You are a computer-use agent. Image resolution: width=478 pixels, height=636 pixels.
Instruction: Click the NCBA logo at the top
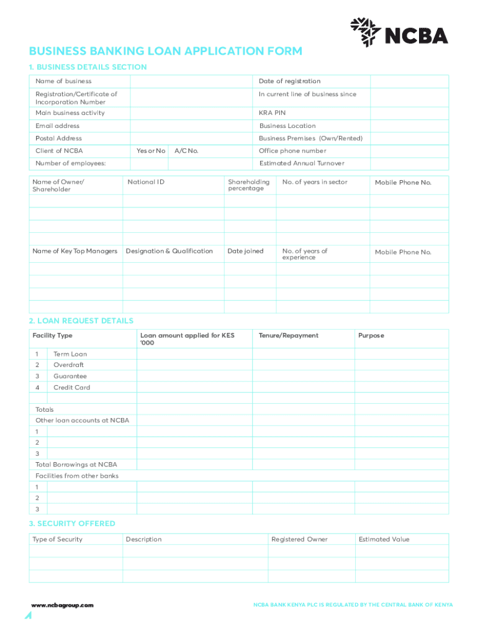click(x=399, y=32)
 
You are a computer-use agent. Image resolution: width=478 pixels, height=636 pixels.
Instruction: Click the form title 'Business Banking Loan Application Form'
click(x=166, y=51)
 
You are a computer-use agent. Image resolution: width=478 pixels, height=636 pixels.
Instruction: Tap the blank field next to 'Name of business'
click(x=191, y=81)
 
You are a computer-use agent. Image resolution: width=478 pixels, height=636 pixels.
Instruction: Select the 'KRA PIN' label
click(x=272, y=113)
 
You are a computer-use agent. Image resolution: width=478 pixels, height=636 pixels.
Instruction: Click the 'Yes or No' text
click(x=151, y=151)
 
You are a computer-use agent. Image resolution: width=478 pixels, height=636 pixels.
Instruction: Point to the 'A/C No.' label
click(x=186, y=151)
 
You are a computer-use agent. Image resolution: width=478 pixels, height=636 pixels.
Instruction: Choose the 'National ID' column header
click(x=146, y=182)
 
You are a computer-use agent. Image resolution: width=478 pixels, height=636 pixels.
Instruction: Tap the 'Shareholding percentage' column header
click(x=249, y=185)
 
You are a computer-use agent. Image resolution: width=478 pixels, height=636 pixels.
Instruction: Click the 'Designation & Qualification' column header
click(x=169, y=251)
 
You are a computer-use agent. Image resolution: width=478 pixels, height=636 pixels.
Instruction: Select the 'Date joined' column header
click(x=245, y=251)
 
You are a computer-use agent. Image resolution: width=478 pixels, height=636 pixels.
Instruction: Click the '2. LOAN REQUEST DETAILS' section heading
click(x=81, y=321)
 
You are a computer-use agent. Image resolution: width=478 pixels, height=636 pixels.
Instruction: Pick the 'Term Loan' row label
click(x=70, y=354)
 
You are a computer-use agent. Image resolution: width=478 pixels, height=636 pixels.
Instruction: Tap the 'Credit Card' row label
click(x=71, y=388)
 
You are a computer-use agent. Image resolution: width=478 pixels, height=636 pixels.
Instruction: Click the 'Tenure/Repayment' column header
click(x=288, y=335)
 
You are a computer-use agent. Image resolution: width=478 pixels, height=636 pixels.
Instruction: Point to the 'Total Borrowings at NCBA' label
click(x=76, y=465)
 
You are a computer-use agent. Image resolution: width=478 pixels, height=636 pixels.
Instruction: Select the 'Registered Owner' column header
click(x=299, y=539)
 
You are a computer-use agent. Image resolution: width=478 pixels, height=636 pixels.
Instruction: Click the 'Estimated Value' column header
click(x=384, y=539)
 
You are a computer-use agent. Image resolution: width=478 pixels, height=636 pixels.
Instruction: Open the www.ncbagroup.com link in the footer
click(x=63, y=605)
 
